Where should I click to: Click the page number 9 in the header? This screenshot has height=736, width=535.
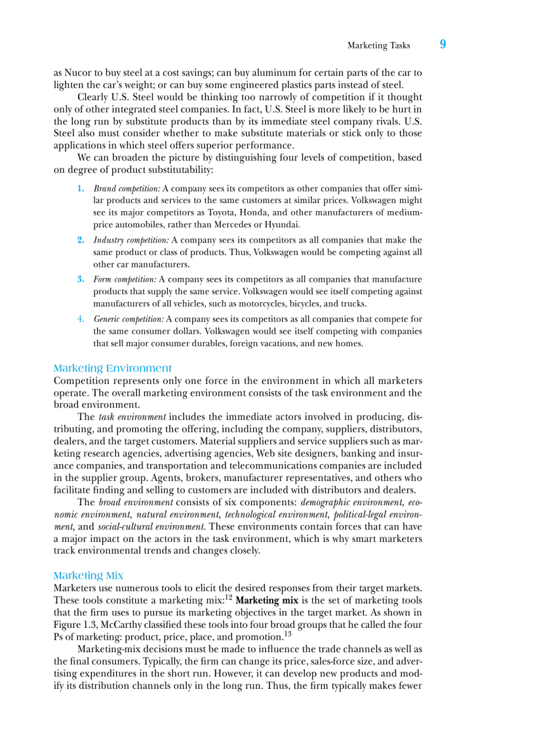point(443,45)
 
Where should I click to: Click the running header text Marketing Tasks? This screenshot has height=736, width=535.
point(378,45)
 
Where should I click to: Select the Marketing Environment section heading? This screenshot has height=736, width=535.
point(112,368)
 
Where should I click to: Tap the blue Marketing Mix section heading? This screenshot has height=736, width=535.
point(88,575)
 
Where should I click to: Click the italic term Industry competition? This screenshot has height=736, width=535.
point(131,240)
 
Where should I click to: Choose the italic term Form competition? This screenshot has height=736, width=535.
point(125,279)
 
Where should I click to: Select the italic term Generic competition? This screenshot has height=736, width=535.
point(129,319)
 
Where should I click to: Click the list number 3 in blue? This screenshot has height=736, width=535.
point(80,279)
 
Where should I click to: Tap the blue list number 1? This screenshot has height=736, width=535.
point(80,188)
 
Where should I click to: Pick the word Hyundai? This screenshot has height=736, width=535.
point(283,224)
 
